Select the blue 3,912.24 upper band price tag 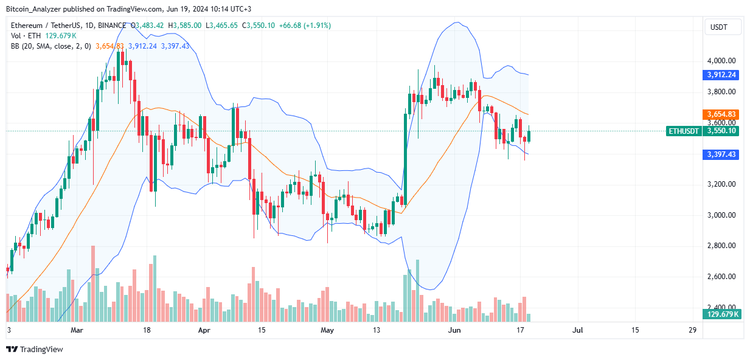coord(722,75)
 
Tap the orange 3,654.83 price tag coord(722,114)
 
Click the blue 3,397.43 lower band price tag coord(722,155)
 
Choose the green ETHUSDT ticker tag coord(684,131)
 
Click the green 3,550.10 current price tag coord(722,131)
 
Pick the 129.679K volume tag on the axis coord(722,314)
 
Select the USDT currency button coord(723,27)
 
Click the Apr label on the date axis coord(204,330)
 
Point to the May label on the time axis coord(327,330)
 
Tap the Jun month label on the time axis coord(454,330)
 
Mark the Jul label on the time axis coord(577,330)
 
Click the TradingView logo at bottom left coord(35,349)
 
